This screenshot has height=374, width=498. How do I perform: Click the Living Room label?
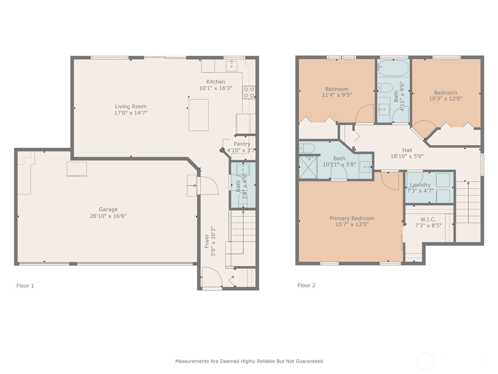(x=131, y=106)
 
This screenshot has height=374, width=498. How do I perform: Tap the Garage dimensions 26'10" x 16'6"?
(x=108, y=216)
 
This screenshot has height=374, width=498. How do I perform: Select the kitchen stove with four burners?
(x=249, y=93)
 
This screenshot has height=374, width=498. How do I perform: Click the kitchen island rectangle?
(x=199, y=115)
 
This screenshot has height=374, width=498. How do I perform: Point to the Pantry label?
(x=242, y=144)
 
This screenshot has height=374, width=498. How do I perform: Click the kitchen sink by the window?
(x=232, y=66)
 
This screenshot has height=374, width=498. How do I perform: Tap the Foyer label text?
(x=206, y=241)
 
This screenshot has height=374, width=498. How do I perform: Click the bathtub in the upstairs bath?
(x=393, y=68)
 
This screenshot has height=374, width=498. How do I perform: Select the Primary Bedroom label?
(x=352, y=218)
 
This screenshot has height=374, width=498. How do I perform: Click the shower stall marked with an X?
(x=308, y=167)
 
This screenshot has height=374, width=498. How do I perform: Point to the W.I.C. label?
(x=428, y=220)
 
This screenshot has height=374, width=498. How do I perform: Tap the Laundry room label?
(x=420, y=185)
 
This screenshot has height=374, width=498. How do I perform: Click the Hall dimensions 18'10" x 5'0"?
(x=407, y=156)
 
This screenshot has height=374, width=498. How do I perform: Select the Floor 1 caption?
(x=25, y=286)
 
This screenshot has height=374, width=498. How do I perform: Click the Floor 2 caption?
(x=306, y=285)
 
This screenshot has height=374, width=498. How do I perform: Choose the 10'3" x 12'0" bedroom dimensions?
(x=446, y=98)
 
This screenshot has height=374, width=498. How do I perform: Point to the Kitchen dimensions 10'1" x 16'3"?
(x=215, y=88)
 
